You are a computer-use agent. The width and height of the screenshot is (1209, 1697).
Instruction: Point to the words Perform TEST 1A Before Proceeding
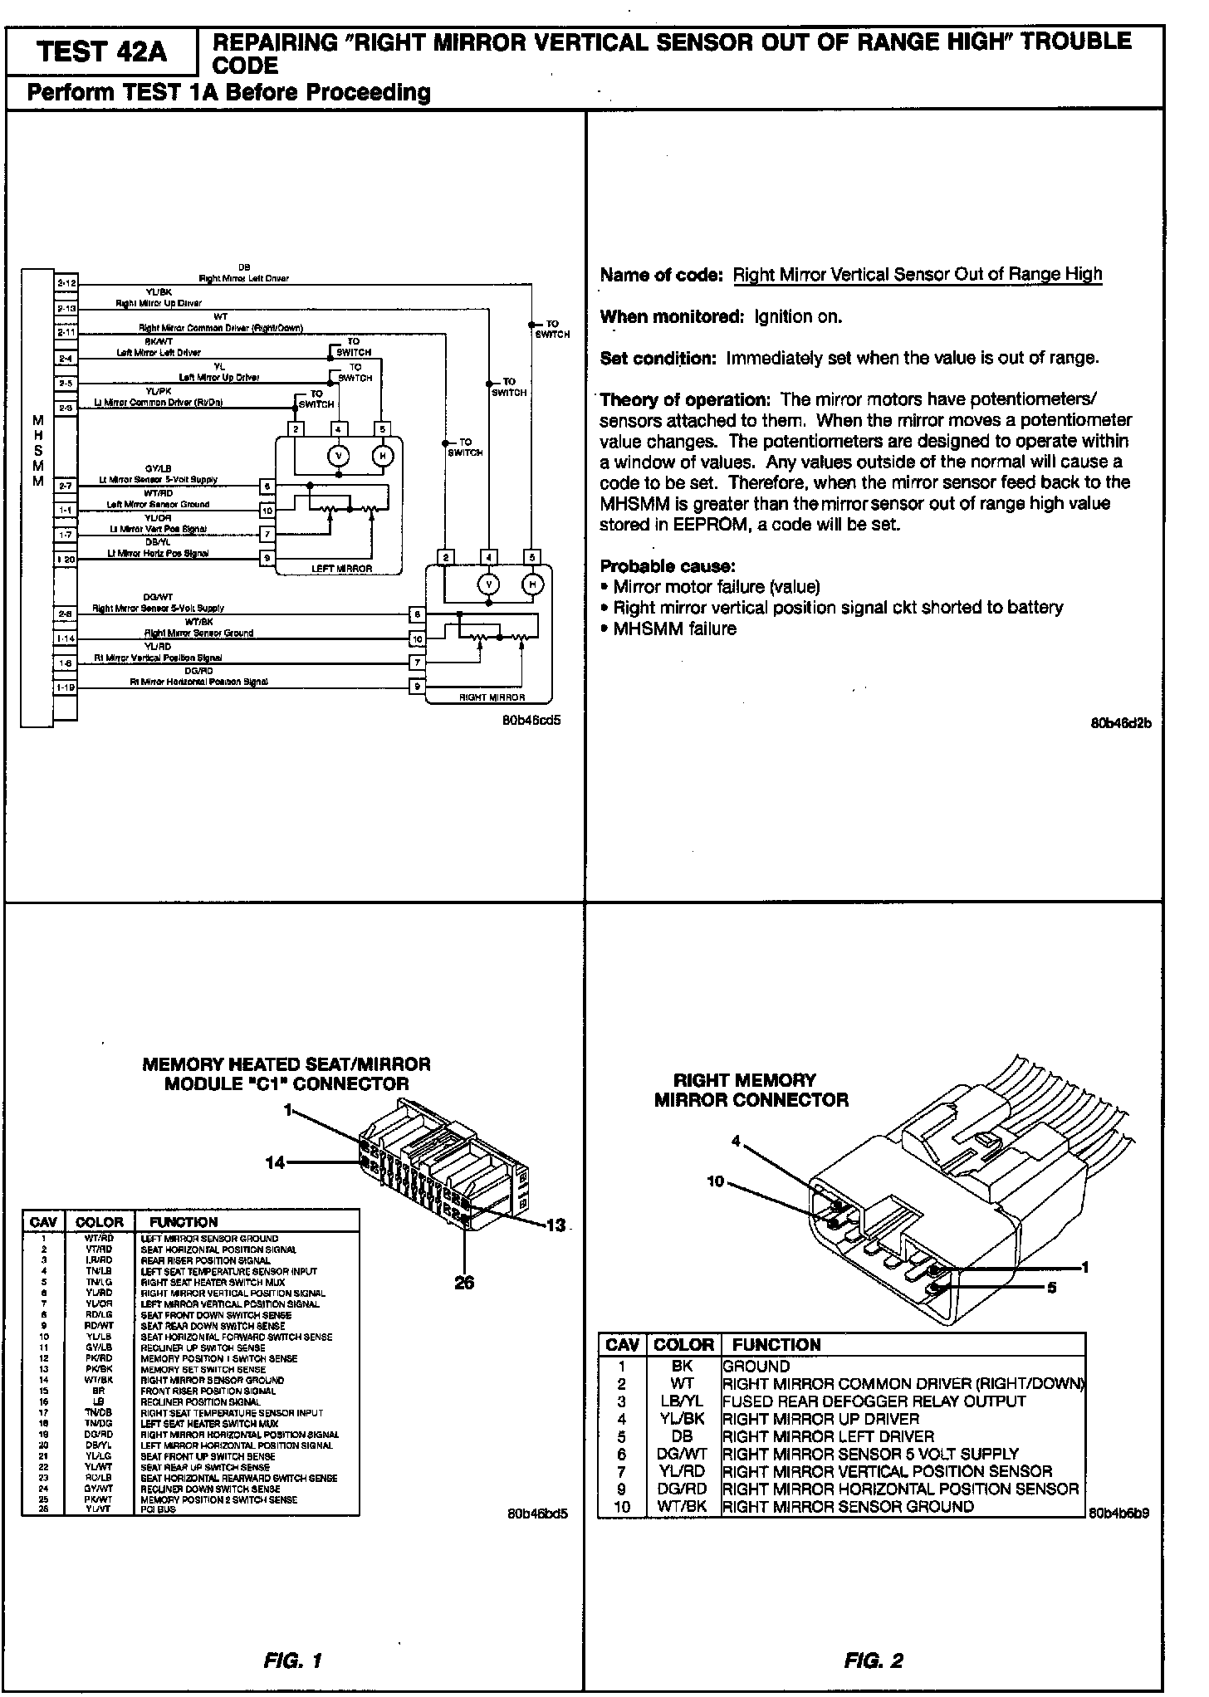coord(229,92)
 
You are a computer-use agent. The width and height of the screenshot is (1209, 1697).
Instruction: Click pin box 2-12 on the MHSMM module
coord(66,283)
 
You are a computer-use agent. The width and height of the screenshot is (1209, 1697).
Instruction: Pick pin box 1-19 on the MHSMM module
coord(66,687)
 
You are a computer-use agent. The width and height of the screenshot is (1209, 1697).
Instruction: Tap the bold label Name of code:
coord(662,275)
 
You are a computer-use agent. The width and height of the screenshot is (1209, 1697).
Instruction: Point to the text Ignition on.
coord(798,316)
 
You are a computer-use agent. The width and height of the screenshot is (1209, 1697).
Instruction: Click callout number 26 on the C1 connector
coord(464,1283)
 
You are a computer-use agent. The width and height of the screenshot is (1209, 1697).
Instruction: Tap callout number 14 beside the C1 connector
coord(275,1163)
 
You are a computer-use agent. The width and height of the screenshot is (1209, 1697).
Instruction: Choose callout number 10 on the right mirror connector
coord(716,1181)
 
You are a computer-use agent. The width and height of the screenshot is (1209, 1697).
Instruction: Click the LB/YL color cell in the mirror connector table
coord(683,1401)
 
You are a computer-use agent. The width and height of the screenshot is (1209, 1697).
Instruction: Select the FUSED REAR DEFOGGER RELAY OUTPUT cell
coord(874,1401)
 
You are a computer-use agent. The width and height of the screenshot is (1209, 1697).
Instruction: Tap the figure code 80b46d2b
coord(1120,722)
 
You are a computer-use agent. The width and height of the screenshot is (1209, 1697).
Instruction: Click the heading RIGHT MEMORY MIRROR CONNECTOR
coord(751,1090)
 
